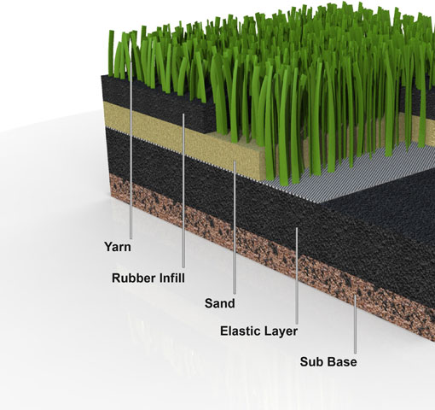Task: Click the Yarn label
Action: point(118,247)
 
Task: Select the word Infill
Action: point(171,278)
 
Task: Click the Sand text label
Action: point(220,303)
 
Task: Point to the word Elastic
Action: point(241,331)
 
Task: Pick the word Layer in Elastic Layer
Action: point(281,331)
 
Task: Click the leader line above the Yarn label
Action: point(130,150)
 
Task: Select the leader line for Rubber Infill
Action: point(183,190)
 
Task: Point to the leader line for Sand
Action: point(235,227)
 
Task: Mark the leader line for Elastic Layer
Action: point(297,276)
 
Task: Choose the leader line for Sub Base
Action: point(355,324)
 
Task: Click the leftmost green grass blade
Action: point(111,53)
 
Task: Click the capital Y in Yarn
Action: point(108,246)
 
